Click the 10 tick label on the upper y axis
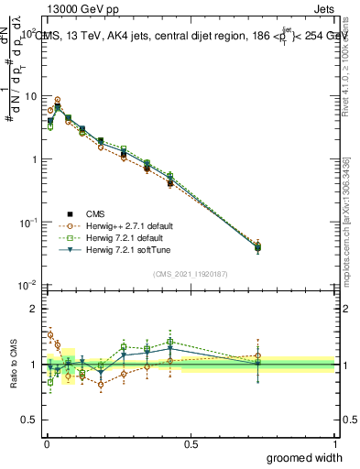30,96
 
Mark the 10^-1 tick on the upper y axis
29,223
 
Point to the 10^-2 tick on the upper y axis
29,286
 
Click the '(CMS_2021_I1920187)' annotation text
190,274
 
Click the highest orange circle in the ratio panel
50,334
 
